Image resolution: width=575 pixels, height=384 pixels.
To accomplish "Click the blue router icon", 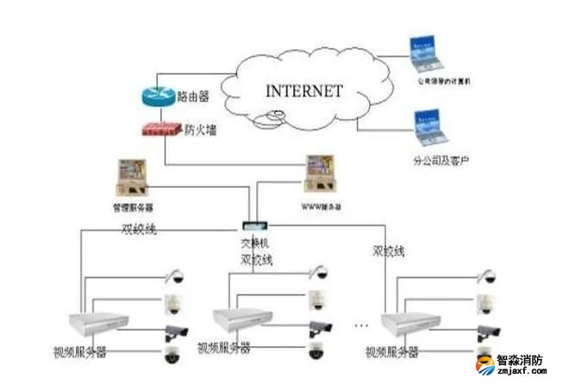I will [159, 96].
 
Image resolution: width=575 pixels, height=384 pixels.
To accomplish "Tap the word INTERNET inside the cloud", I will [303, 90].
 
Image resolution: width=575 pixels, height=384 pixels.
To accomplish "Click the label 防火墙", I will [200, 130].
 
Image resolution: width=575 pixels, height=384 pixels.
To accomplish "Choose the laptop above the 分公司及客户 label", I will [428, 125].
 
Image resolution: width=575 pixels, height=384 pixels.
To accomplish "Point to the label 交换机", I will [254, 245].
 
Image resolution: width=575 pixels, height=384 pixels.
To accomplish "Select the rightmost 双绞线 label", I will [389, 251].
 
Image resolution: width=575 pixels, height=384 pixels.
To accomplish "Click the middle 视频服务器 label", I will [223, 350].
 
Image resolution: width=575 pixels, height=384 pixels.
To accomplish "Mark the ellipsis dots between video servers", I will [363, 325].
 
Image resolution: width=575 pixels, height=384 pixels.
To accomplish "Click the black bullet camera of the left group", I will [175, 330].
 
